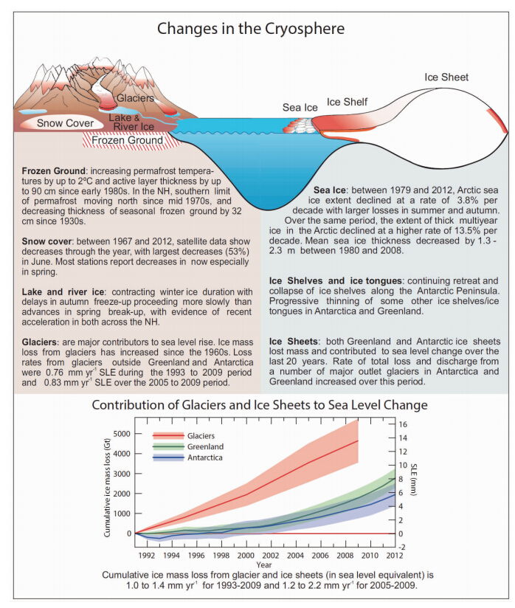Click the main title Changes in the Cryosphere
tap(252, 30)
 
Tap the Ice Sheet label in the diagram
tap(446, 77)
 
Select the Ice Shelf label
tap(348, 102)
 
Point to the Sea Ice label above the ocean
tap(300, 108)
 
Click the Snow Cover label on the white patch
tap(65, 123)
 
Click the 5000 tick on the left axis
tap(121, 434)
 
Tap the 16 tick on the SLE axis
tap(403, 424)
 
